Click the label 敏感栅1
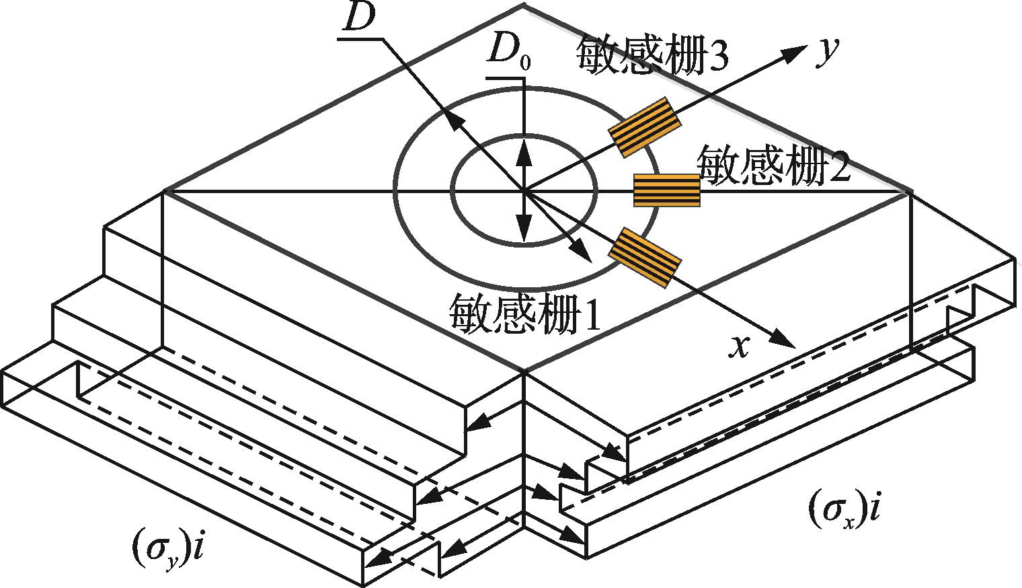526,311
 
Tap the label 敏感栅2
774,163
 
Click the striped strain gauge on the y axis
643,127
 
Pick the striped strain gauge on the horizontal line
667,190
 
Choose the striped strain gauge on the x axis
644,258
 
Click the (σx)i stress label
844,509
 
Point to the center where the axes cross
524,192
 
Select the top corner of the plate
524,5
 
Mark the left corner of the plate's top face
165,192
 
